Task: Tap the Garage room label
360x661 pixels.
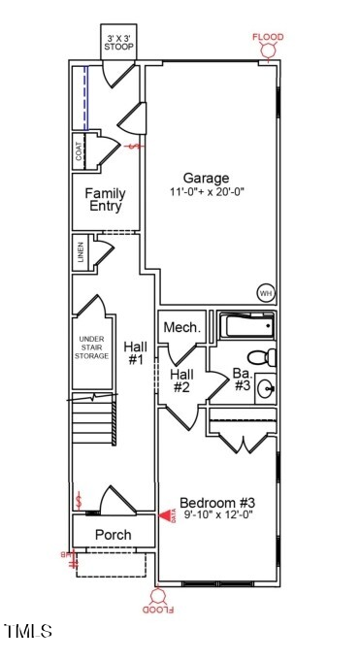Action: point(206,179)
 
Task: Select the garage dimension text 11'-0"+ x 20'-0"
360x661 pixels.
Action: point(206,193)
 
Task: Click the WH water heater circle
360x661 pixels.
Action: point(265,292)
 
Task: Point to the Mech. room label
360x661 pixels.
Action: point(181,328)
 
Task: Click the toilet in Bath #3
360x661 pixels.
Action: point(265,356)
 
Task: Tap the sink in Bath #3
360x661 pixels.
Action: point(266,390)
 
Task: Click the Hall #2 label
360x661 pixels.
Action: point(181,380)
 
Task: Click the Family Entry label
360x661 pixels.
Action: point(106,200)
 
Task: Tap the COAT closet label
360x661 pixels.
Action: point(79,151)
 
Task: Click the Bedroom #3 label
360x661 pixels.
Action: point(217,503)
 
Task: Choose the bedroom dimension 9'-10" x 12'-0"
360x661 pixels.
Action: point(217,516)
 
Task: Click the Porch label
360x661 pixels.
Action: point(113,535)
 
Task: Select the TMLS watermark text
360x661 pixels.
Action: point(28,632)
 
